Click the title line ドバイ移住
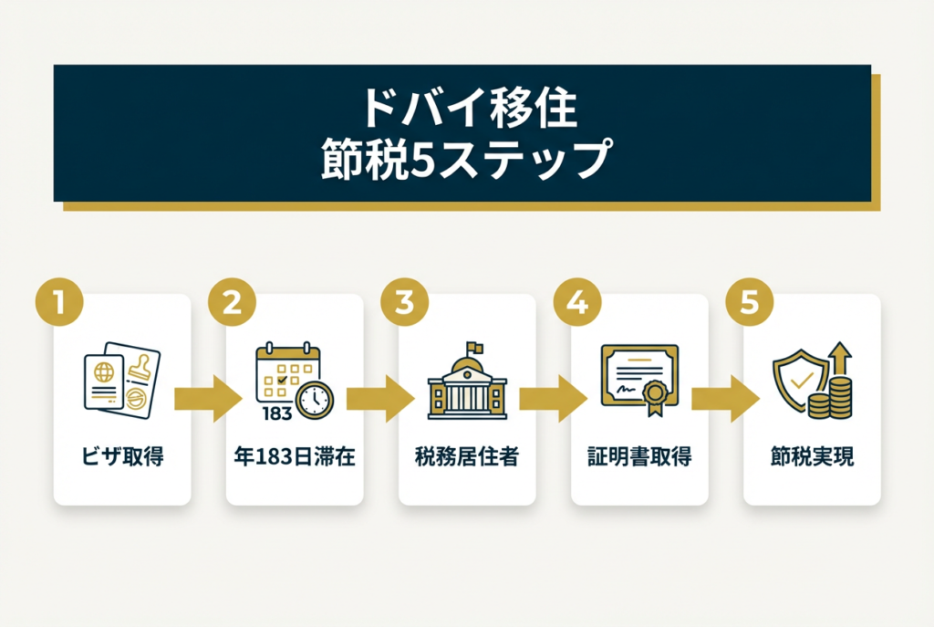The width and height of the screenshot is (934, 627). [x=466, y=109]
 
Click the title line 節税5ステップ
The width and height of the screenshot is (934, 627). [x=466, y=159]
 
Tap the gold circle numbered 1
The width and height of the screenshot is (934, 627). [x=59, y=304]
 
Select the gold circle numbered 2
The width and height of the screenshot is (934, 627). [x=232, y=304]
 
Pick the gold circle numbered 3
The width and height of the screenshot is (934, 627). [x=404, y=304]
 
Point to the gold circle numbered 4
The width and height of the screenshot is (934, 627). [x=576, y=304]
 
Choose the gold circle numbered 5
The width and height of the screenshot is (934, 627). [x=749, y=304]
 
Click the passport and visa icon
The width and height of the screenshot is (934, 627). [x=121, y=381]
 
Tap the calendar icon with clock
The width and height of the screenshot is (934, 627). [x=294, y=381]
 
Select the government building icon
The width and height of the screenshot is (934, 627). [x=466, y=383]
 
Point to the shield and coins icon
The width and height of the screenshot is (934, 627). [x=812, y=381]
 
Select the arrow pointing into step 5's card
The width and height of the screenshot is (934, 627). [x=725, y=399]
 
